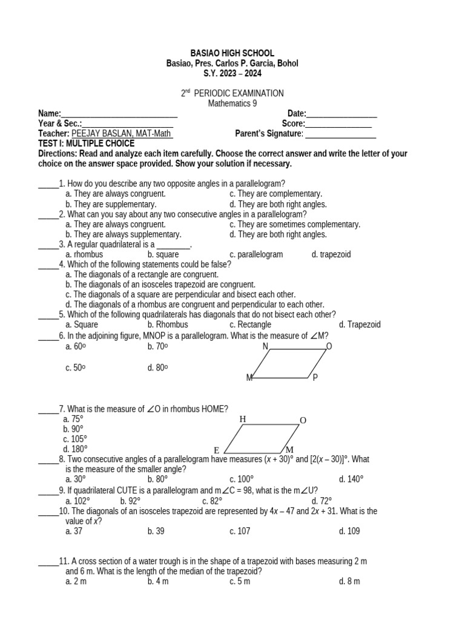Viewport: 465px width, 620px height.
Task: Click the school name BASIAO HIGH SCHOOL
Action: pyautogui.click(x=232, y=53)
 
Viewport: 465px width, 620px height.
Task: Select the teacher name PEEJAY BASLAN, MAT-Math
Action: pyautogui.click(x=122, y=134)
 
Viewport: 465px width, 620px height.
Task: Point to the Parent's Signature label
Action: pyautogui.click(x=268, y=134)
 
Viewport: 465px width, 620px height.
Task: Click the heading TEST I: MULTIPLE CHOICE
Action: pyautogui.click(x=86, y=143)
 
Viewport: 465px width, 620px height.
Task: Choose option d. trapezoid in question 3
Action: pyautogui.click(x=331, y=254)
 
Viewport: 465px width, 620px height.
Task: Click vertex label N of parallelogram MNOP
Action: pyautogui.click(x=265, y=346)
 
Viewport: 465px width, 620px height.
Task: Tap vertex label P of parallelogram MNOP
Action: pyautogui.click(x=315, y=378)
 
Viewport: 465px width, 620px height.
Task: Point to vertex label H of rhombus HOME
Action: pyautogui.click(x=243, y=419)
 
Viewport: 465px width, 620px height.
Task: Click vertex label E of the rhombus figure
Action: pyautogui.click(x=216, y=450)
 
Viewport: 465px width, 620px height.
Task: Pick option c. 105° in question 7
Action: pyautogui.click(x=75, y=439)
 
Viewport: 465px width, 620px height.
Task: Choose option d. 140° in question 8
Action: pyautogui.click(x=351, y=479)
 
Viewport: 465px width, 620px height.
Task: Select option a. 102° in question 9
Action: pyautogui.click(x=77, y=501)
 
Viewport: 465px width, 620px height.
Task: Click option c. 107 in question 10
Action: pyautogui.click(x=240, y=531)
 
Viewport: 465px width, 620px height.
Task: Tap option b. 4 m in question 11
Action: pyautogui.click(x=157, y=581)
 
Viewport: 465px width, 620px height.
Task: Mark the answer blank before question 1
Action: pyautogui.click(x=48, y=183)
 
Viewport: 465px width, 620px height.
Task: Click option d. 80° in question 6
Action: pyautogui.click(x=157, y=368)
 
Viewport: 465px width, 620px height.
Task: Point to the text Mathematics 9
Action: pyautogui.click(x=232, y=103)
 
